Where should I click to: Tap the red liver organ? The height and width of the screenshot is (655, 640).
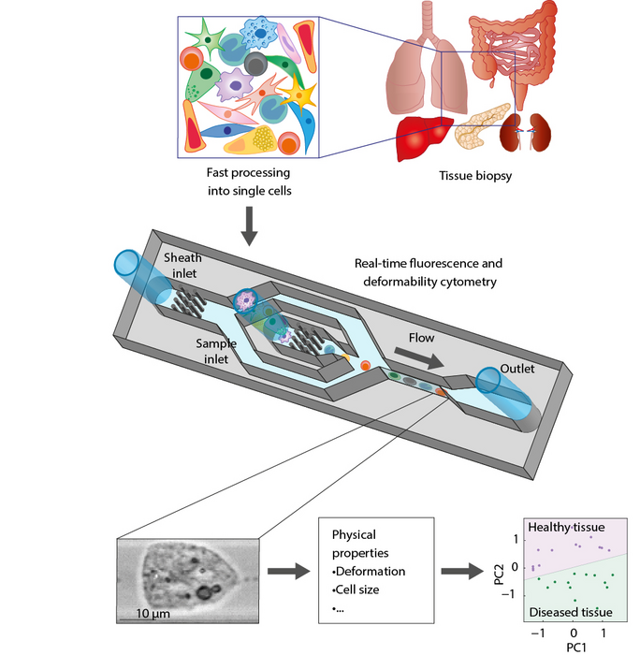[x=423, y=138]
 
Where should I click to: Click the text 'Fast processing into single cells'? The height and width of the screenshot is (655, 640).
[x=246, y=182]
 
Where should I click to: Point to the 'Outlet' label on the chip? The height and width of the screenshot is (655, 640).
[x=515, y=369]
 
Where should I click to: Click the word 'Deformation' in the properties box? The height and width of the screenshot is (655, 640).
[x=371, y=571]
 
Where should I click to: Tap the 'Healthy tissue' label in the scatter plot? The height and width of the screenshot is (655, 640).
[x=574, y=528]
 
